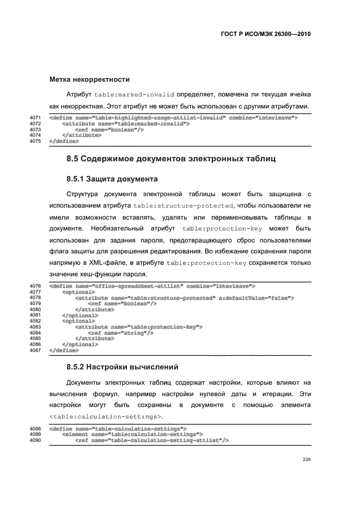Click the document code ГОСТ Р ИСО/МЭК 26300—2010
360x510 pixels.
[265, 33]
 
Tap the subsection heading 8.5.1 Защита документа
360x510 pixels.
[112, 178]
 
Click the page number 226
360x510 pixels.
[306, 459]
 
